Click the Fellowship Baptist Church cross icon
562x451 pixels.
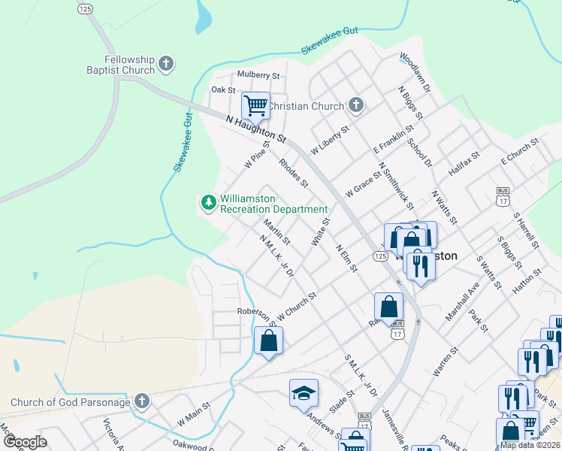tap(167, 65)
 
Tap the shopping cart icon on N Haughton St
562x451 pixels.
tap(255, 105)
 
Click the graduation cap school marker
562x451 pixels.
tap(304, 392)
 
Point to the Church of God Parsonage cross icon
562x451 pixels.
tap(142, 401)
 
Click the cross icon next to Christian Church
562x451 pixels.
tap(356, 106)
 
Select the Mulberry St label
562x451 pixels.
tap(258, 76)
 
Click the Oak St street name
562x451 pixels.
tap(223, 89)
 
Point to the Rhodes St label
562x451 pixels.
tap(293, 173)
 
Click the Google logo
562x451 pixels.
tap(25, 442)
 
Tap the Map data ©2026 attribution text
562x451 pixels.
tap(530, 445)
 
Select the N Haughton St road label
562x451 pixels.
tap(257, 129)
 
